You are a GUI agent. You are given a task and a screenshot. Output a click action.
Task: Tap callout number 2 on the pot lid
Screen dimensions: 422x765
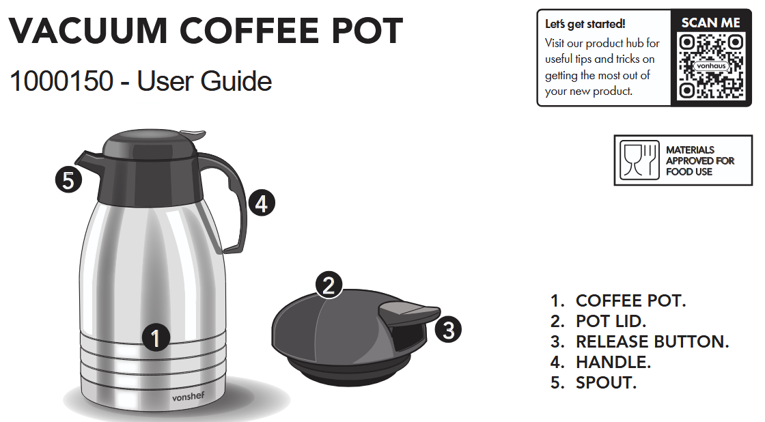[x=329, y=285]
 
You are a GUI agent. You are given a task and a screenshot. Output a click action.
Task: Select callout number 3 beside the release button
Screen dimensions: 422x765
[x=448, y=330]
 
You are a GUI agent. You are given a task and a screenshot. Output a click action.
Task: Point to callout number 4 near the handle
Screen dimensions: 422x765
[x=262, y=203]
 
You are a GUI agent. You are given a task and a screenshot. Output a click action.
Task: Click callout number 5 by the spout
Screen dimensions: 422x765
[x=68, y=181]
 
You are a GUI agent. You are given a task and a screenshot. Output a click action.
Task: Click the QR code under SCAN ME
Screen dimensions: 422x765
[x=711, y=66]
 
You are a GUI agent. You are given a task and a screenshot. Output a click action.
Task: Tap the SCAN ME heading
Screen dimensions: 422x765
[x=711, y=23]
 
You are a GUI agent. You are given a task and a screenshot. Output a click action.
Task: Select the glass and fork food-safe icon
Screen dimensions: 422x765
[x=640, y=160]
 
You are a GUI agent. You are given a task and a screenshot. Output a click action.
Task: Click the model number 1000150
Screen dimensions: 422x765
[x=61, y=81]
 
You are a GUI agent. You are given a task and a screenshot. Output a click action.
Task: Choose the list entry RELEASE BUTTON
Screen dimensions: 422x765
[x=652, y=342]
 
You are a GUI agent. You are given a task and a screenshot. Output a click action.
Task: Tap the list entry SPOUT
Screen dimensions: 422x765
[x=605, y=383]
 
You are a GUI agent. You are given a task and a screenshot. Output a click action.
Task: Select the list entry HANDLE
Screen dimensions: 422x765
[x=613, y=363]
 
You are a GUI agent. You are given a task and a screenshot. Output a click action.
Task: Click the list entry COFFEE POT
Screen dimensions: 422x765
[x=630, y=301]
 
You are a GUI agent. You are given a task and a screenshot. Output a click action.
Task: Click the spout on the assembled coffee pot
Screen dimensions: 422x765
[x=85, y=160]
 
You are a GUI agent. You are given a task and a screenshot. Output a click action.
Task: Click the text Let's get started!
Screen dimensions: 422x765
[x=585, y=24]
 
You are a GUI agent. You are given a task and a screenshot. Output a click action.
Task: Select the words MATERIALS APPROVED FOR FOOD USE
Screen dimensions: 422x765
[x=699, y=160]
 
